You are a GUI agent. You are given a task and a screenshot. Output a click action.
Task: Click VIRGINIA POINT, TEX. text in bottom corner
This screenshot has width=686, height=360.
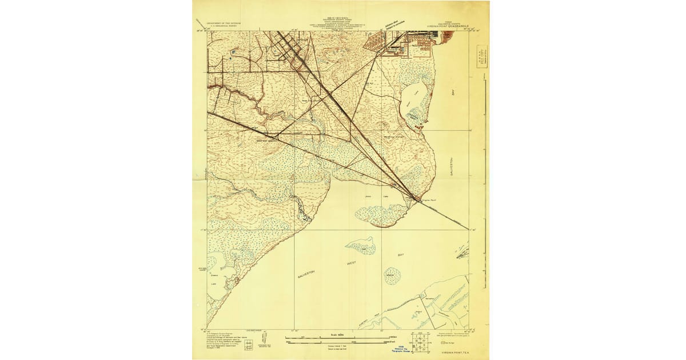[454, 353]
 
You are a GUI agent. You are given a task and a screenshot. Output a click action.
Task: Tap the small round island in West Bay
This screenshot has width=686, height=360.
[392, 275]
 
